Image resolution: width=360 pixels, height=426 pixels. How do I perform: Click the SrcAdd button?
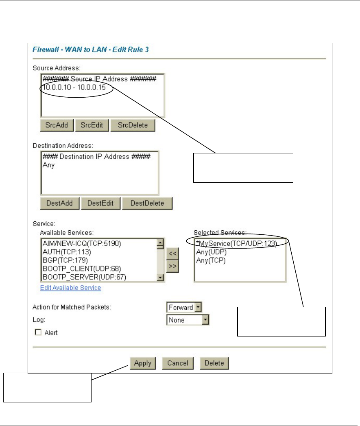tap(57, 125)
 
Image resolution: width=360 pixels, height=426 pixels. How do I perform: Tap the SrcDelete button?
tap(133, 125)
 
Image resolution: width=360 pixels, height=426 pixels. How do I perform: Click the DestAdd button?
tap(59, 203)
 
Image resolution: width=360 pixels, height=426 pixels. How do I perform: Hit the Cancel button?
tap(177, 363)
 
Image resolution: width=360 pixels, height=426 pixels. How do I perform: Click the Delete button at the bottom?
tap(214, 363)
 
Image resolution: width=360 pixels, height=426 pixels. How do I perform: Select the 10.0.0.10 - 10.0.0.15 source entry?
tap(77, 87)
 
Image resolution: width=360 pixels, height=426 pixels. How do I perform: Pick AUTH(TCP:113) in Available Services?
tap(66, 252)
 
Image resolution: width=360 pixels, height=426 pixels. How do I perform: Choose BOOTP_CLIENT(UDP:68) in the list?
tap(82, 269)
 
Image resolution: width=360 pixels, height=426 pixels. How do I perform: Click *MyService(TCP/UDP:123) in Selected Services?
tap(236, 244)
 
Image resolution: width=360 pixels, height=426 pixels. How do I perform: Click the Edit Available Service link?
tap(70, 288)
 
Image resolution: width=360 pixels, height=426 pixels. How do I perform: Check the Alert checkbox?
tap(39, 333)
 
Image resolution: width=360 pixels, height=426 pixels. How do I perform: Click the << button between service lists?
tap(172, 253)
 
